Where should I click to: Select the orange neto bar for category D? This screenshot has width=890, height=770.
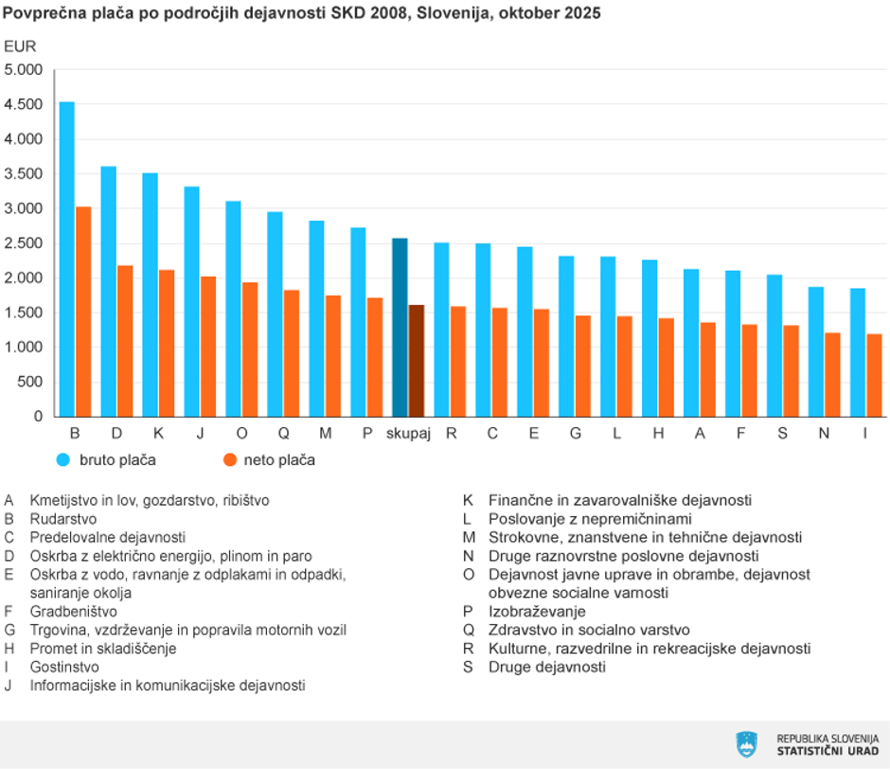pos(125,341)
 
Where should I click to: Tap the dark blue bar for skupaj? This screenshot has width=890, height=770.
pos(400,327)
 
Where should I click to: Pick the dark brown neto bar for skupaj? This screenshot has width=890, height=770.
pos(417,361)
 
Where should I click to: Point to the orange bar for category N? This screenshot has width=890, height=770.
pos(832,375)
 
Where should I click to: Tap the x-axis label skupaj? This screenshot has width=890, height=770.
pos(408,433)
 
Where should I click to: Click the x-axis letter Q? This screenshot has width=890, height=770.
pos(283,433)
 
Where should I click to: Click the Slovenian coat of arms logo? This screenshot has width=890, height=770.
pos(747,744)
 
